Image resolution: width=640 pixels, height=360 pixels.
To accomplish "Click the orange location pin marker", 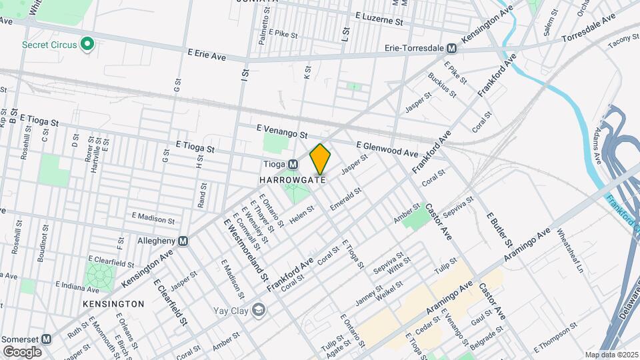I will pyautogui.click(x=321, y=159).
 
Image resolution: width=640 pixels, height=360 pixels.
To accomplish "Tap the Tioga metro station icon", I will pyautogui.click(x=293, y=165).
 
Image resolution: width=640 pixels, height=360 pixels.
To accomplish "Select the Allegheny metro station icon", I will pyautogui.click(x=182, y=241).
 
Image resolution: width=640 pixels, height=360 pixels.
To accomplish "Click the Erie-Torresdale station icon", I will pyautogui.click(x=451, y=49).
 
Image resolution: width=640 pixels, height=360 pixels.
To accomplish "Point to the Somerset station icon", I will pyautogui.click(x=46, y=338).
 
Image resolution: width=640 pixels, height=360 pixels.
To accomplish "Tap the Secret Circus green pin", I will pyautogui.click(x=86, y=45).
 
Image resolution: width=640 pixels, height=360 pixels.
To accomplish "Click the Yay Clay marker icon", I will pyautogui.click(x=258, y=310).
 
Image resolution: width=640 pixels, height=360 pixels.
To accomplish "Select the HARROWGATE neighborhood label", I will pyautogui.click(x=293, y=180).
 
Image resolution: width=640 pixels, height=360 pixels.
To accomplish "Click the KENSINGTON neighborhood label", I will pyautogui.click(x=113, y=304).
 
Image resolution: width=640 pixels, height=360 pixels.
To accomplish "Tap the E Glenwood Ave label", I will pyautogui.click(x=387, y=147).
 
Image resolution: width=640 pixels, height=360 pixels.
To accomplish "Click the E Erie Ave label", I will pyautogui.click(x=207, y=53).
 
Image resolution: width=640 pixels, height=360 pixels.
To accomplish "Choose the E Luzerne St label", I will pyautogui.click(x=380, y=18).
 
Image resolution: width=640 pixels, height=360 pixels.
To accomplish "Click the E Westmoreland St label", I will pyautogui.click(x=246, y=249).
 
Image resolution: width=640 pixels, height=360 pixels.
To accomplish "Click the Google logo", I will pyautogui.click(x=22, y=351).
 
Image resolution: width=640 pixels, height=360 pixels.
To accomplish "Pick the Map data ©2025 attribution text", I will pyautogui.click(x=611, y=355).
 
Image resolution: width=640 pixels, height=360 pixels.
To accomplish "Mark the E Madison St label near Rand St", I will pyautogui.click(x=153, y=217).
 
